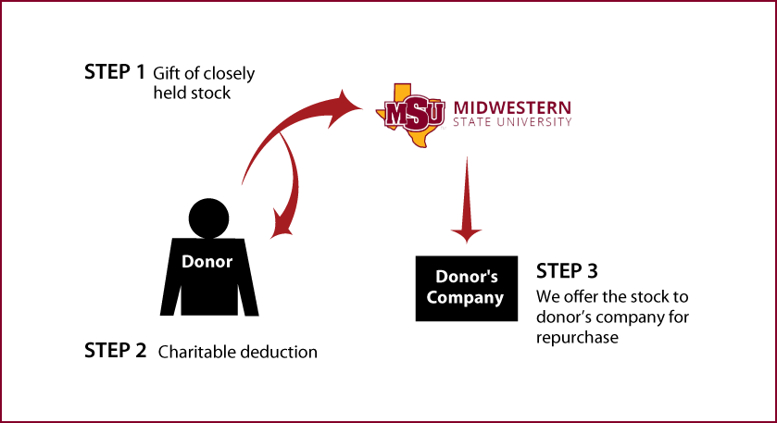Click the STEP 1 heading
tap(115, 72)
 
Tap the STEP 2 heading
tap(116, 351)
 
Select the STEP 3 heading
tap(567, 271)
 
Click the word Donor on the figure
tap(207, 262)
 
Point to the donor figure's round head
tap(208, 218)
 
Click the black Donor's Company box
tap(467, 288)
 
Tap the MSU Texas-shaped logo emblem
tap(410, 115)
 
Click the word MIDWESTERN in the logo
tap(512, 107)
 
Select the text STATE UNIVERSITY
tap(512, 122)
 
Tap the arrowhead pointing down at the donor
tap(282, 226)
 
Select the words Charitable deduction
tap(238, 352)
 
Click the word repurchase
tap(577, 338)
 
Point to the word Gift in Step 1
tap(165, 73)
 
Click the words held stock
tap(192, 93)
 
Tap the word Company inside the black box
tap(465, 298)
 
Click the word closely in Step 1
tap(228, 74)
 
